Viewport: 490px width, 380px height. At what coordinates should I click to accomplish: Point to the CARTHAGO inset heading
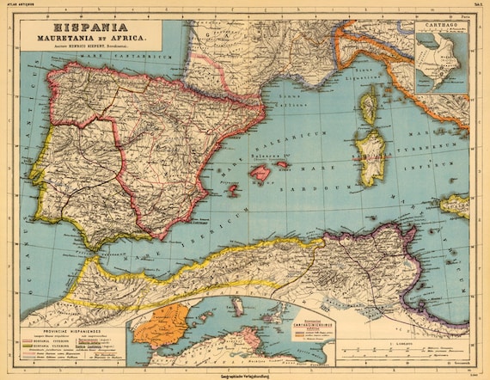[440, 25]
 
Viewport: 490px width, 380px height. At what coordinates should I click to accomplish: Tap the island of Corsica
[368, 109]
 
